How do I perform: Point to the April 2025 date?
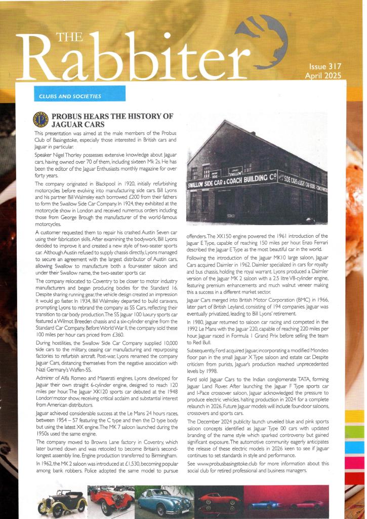323,76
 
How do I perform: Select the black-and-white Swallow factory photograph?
257,172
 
